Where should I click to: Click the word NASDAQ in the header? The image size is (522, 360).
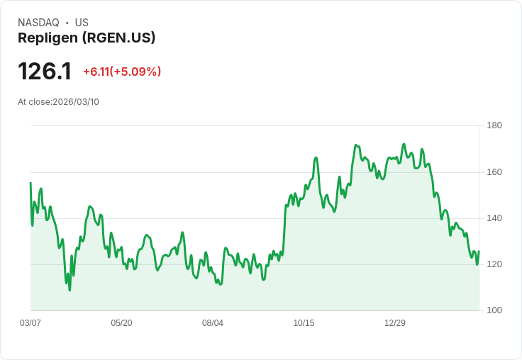click(x=38, y=23)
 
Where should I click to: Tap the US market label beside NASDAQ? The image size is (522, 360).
click(x=82, y=23)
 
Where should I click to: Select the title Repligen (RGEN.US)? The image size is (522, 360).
click(x=87, y=38)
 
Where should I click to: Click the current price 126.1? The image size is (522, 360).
click(x=45, y=72)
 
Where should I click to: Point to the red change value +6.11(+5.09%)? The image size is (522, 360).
click(x=122, y=72)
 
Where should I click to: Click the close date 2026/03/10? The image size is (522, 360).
click(x=76, y=102)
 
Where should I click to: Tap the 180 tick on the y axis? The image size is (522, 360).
click(x=494, y=125)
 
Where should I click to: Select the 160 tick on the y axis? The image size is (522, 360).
click(x=494, y=172)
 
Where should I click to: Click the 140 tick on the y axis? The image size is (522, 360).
click(x=494, y=218)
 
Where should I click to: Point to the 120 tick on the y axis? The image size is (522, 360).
click(x=494, y=264)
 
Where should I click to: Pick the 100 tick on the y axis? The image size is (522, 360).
click(x=494, y=310)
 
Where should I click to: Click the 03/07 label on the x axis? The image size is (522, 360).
click(x=30, y=323)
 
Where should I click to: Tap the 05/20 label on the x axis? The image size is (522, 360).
click(x=121, y=323)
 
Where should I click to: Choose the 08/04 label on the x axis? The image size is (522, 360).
click(x=213, y=323)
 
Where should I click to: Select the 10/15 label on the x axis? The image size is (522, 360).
click(x=304, y=323)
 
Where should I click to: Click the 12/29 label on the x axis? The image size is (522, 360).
click(x=395, y=323)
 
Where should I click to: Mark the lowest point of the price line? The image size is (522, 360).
click(x=70, y=290)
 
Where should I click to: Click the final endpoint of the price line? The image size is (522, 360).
click(x=479, y=252)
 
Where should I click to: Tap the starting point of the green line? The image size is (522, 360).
click(x=30, y=183)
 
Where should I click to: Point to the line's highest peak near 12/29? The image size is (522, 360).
click(x=404, y=144)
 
